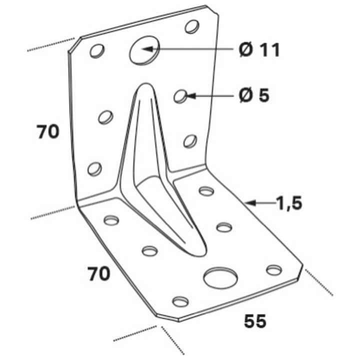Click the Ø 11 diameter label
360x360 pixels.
click(x=259, y=50)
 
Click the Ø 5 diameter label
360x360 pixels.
click(x=253, y=95)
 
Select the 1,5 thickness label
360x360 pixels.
click(x=289, y=203)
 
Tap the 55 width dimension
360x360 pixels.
click(x=255, y=321)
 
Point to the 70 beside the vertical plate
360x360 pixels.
click(x=48, y=131)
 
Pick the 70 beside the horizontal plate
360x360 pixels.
click(x=99, y=274)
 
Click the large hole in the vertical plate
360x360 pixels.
click(x=144, y=50)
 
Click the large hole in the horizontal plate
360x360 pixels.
click(x=220, y=277)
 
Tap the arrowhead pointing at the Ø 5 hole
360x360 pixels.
click(x=191, y=95)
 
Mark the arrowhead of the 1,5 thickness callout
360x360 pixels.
click(x=250, y=202)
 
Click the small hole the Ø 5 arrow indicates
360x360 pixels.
click(x=180, y=96)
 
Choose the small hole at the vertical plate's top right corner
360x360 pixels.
click(x=192, y=27)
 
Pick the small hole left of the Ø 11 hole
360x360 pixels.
click(x=97, y=50)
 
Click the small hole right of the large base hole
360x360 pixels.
click(x=274, y=270)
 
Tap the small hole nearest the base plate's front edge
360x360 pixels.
click(x=180, y=301)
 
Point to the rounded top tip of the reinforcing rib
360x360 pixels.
click(x=145, y=83)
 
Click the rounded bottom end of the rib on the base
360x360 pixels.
click(x=199, y=254)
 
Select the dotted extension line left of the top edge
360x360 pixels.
click(x=51, y=44)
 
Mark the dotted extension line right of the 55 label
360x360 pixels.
click(x=318, y=282)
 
